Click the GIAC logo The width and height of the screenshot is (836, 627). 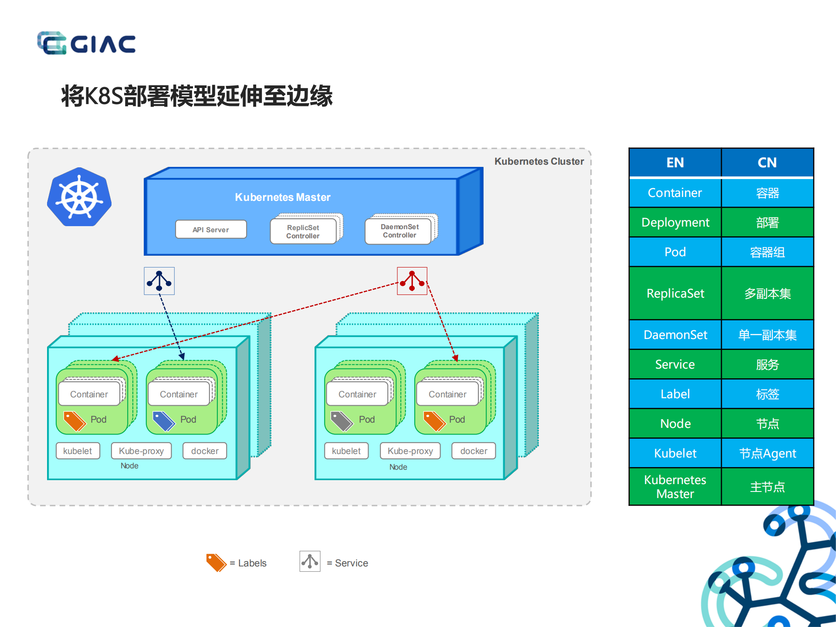[x=86, y=43]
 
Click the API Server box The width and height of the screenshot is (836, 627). [x=211, y=230]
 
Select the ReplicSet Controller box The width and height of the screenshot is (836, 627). [x=303, y=231]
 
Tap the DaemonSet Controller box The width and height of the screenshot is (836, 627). [x=399, y=231]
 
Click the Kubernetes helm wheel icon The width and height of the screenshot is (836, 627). [x=79, y=197]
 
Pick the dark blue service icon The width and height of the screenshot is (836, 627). [x=159, y=281]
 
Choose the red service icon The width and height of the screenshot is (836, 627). [x=412, y=281]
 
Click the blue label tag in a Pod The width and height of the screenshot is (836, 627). [x=163, y=420]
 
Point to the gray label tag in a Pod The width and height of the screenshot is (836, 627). [x=341, y=420]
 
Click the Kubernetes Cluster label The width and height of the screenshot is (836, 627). [x=539, y=162]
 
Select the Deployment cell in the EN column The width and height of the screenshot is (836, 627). [x=675, y=223]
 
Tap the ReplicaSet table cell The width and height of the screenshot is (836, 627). [x=675, y=293]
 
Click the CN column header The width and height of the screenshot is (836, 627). [x=767, y=163]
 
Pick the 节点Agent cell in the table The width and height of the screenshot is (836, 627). [x=767, y=454]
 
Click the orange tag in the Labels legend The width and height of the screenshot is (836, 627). [x=216, y=562]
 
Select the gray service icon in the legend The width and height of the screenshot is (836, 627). [x=310, y=561]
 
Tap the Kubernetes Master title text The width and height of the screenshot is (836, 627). [x=283, y=197]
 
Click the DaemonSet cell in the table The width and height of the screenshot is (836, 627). [x=675, y=335]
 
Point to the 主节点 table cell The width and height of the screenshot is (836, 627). [x=767, y=487]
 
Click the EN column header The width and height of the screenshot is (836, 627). [x=675, y=163]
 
